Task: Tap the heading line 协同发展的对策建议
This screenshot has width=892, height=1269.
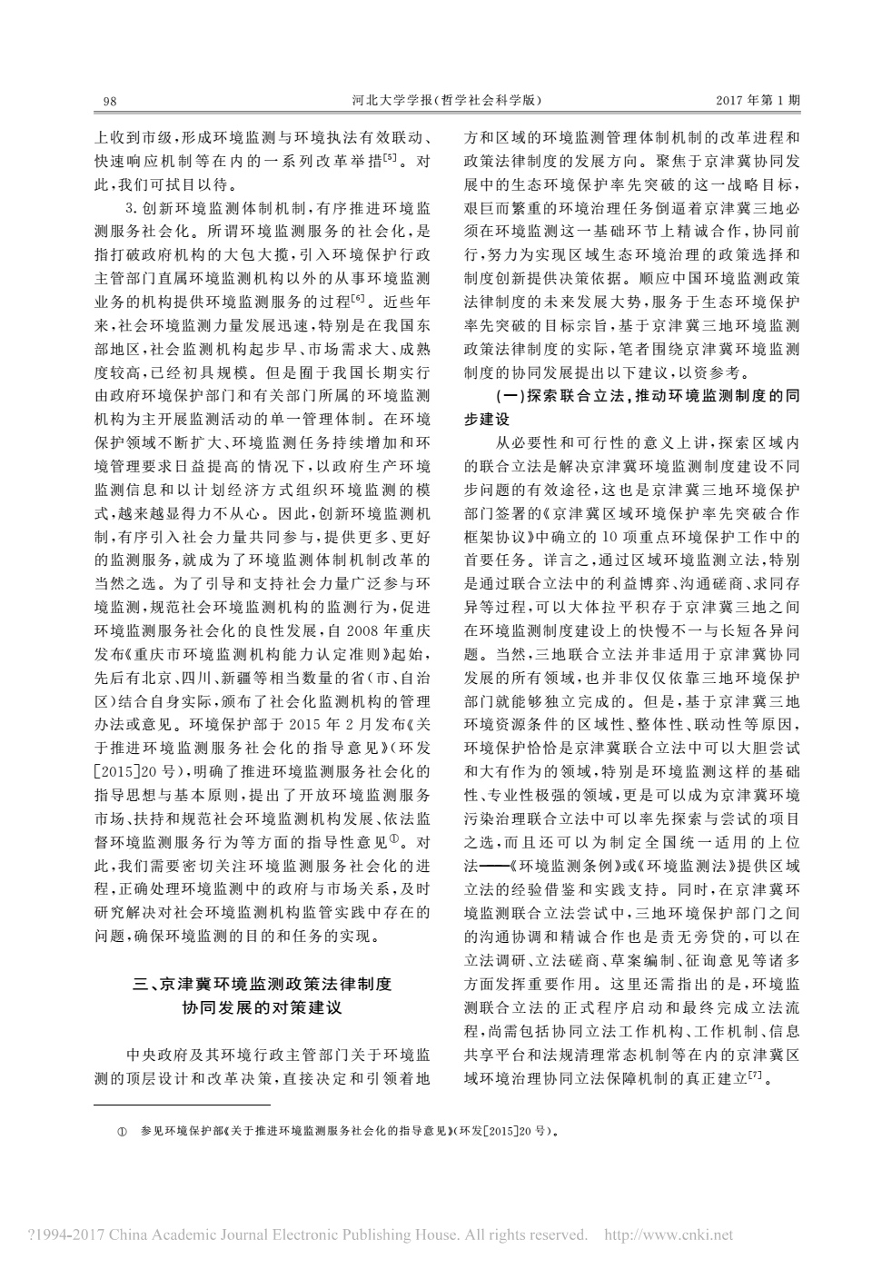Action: click(263, 1008)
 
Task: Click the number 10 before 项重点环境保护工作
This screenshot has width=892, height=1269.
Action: click(616, 536)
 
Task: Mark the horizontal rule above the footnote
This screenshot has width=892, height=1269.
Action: click(183, 1105)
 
